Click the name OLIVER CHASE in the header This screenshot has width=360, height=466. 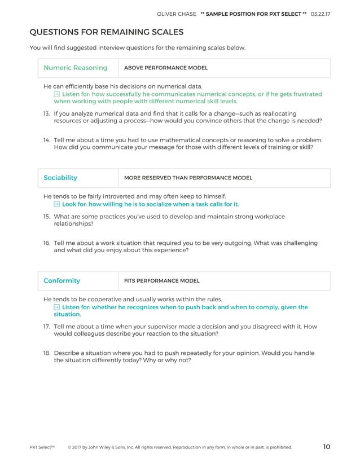[x=175, y=14]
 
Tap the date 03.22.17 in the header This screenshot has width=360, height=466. [x=321, y=14]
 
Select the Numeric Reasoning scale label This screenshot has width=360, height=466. [x=75, y=68]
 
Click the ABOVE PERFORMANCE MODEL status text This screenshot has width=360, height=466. [x=165, y=68]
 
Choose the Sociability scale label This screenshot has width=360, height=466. [x=60, y=178]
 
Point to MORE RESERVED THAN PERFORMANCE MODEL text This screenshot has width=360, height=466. [x=188, y=178]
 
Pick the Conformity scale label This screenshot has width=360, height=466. [x=62, y=280]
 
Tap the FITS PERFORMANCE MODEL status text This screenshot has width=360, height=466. [x=161, y=281]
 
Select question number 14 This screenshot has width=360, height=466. [x=47, y=140]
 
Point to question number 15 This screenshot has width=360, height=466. [x=47, y=216]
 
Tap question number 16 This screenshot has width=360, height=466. [x=47, y=243]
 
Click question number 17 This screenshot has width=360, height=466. [x=47, y=326]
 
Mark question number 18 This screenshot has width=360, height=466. [x=47, y=353]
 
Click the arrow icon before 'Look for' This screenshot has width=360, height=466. [x=57, y=204]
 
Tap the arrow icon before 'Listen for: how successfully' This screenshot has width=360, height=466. [x=57, y=94]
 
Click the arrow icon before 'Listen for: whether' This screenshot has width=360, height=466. [x=57, y=307]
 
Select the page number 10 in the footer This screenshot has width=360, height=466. [x=326, y=447]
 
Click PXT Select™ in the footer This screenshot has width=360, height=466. [x=42, y=447]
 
